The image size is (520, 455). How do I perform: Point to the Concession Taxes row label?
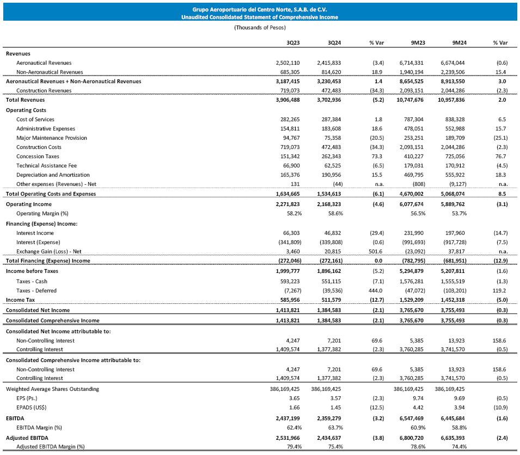[x=39, y=156]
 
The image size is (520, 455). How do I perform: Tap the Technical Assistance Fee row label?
[x=46, y=165]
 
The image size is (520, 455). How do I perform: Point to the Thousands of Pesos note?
[x=260, y=27]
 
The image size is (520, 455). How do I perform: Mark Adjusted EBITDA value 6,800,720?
[x=415, y=438]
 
